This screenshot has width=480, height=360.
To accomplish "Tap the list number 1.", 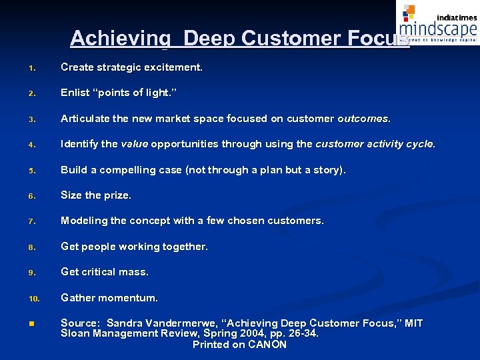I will (x=31, y=68).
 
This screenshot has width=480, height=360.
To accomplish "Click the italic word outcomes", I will (x=363, y=119).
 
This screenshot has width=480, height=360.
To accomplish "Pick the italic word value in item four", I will (x=134, y=144).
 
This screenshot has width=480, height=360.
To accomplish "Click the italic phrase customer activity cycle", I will (x=375, y=144).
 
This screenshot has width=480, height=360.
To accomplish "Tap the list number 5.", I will (x=31, y=171).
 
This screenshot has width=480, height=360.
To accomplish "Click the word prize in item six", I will (x=117, y=195).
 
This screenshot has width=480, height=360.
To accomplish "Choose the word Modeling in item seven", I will (x=84, y=221).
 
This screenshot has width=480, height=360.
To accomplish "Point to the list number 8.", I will (x=31, y=247).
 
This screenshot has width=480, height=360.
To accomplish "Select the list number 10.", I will (x=33, y=299).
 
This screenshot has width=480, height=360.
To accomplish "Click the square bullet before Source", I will (x=31, y=324).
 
